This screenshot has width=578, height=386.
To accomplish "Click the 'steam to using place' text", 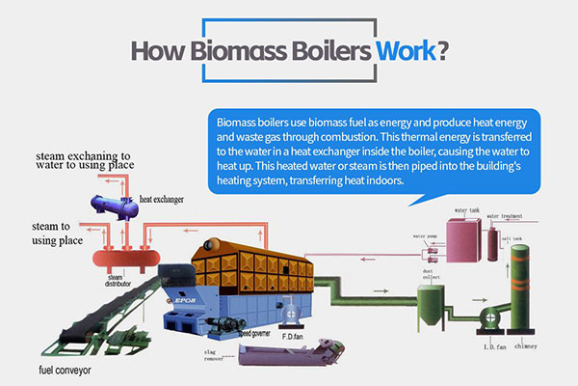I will [x=39, y=232].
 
